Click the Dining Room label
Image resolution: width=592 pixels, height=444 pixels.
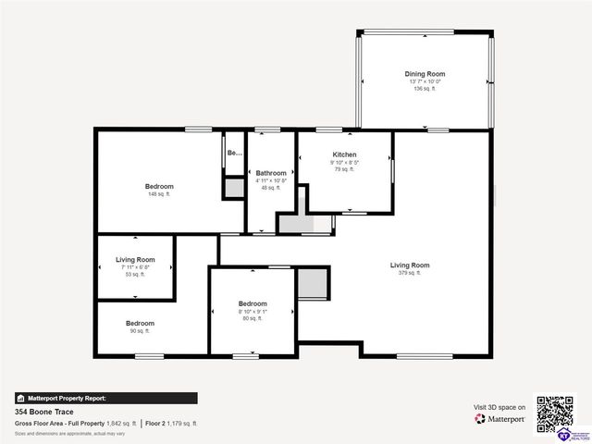tap(425, 74)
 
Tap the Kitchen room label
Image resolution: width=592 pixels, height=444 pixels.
tap(344, 154)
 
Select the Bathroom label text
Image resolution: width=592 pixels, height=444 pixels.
tap(271, 173)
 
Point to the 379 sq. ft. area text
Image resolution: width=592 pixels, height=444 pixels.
tap(409, 274)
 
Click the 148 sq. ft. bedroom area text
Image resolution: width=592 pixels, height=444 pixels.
tap(159, 194)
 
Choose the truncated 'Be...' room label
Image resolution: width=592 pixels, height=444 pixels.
tap(235, 153)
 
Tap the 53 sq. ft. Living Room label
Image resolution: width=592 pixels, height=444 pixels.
tap(135, 260)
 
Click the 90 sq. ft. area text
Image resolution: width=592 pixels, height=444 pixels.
tap(140, 330)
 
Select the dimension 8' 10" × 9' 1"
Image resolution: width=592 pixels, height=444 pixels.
tap(253, 312)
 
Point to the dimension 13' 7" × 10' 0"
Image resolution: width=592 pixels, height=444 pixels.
tap(425, 81)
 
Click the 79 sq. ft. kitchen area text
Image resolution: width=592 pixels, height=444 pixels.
tap(344, 169)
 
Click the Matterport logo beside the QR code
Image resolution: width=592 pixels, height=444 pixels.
tap(500, 419)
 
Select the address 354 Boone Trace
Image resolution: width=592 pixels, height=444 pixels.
tap(43, 412)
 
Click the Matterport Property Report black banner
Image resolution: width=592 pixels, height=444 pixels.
tap(105, 398)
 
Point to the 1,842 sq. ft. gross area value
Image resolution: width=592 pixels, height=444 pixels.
tap(120, 423)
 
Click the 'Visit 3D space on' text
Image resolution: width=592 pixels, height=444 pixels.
tap(499, 407)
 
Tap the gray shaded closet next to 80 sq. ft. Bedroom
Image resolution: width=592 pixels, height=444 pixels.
tap(312, 283)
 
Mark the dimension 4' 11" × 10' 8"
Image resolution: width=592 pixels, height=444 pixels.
tap(271, 180)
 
